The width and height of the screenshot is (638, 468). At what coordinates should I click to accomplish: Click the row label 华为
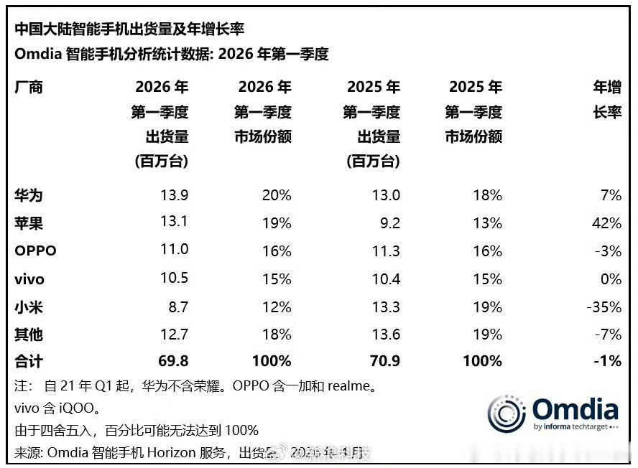pyautogui.click(x=29, y=195)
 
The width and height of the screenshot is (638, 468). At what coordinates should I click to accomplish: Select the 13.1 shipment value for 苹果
pyautogui.click(x=174, y=222)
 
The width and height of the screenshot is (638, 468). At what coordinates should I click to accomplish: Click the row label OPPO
pyautogui.click(x=35, y=251)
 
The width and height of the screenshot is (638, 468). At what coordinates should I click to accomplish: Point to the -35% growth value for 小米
pyautogui.click(x=603, y=307)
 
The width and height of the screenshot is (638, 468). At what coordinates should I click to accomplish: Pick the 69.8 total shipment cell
pyautogui.click(x=172, y=361)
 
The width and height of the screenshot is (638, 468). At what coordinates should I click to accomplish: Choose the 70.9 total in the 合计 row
pyautogui.click(x=384, y=361)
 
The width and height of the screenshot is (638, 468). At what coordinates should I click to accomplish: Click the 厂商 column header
pyautogui.click(x=29, y=88)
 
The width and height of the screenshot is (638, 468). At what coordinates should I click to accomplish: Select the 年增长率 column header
pyautogui.click(x=606, y=100)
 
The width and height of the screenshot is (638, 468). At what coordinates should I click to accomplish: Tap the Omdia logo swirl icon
pyautogui.click(x=507, y=414)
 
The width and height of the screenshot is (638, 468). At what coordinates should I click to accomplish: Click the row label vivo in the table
pyautogui.click(x=30, y=279)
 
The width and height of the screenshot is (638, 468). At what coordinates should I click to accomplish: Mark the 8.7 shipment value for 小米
pyautogui.click(x=177, y=307)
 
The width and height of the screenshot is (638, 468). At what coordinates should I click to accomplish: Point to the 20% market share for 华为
pyautogui.click(x=277, y=195)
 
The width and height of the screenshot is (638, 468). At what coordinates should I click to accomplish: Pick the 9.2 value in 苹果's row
pyautogui.click(x=389, y=223)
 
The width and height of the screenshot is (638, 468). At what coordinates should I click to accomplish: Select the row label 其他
pyautogui.click(x=29, y=334)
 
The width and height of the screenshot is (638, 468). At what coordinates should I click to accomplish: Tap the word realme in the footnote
pyautogui.click(x=350, y=387)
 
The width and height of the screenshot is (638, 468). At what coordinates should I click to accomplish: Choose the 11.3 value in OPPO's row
pyautogui.click(x=385, y=251)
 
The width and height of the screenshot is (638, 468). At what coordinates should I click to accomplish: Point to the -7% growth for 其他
pyautogui.click(x=606, y=334)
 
